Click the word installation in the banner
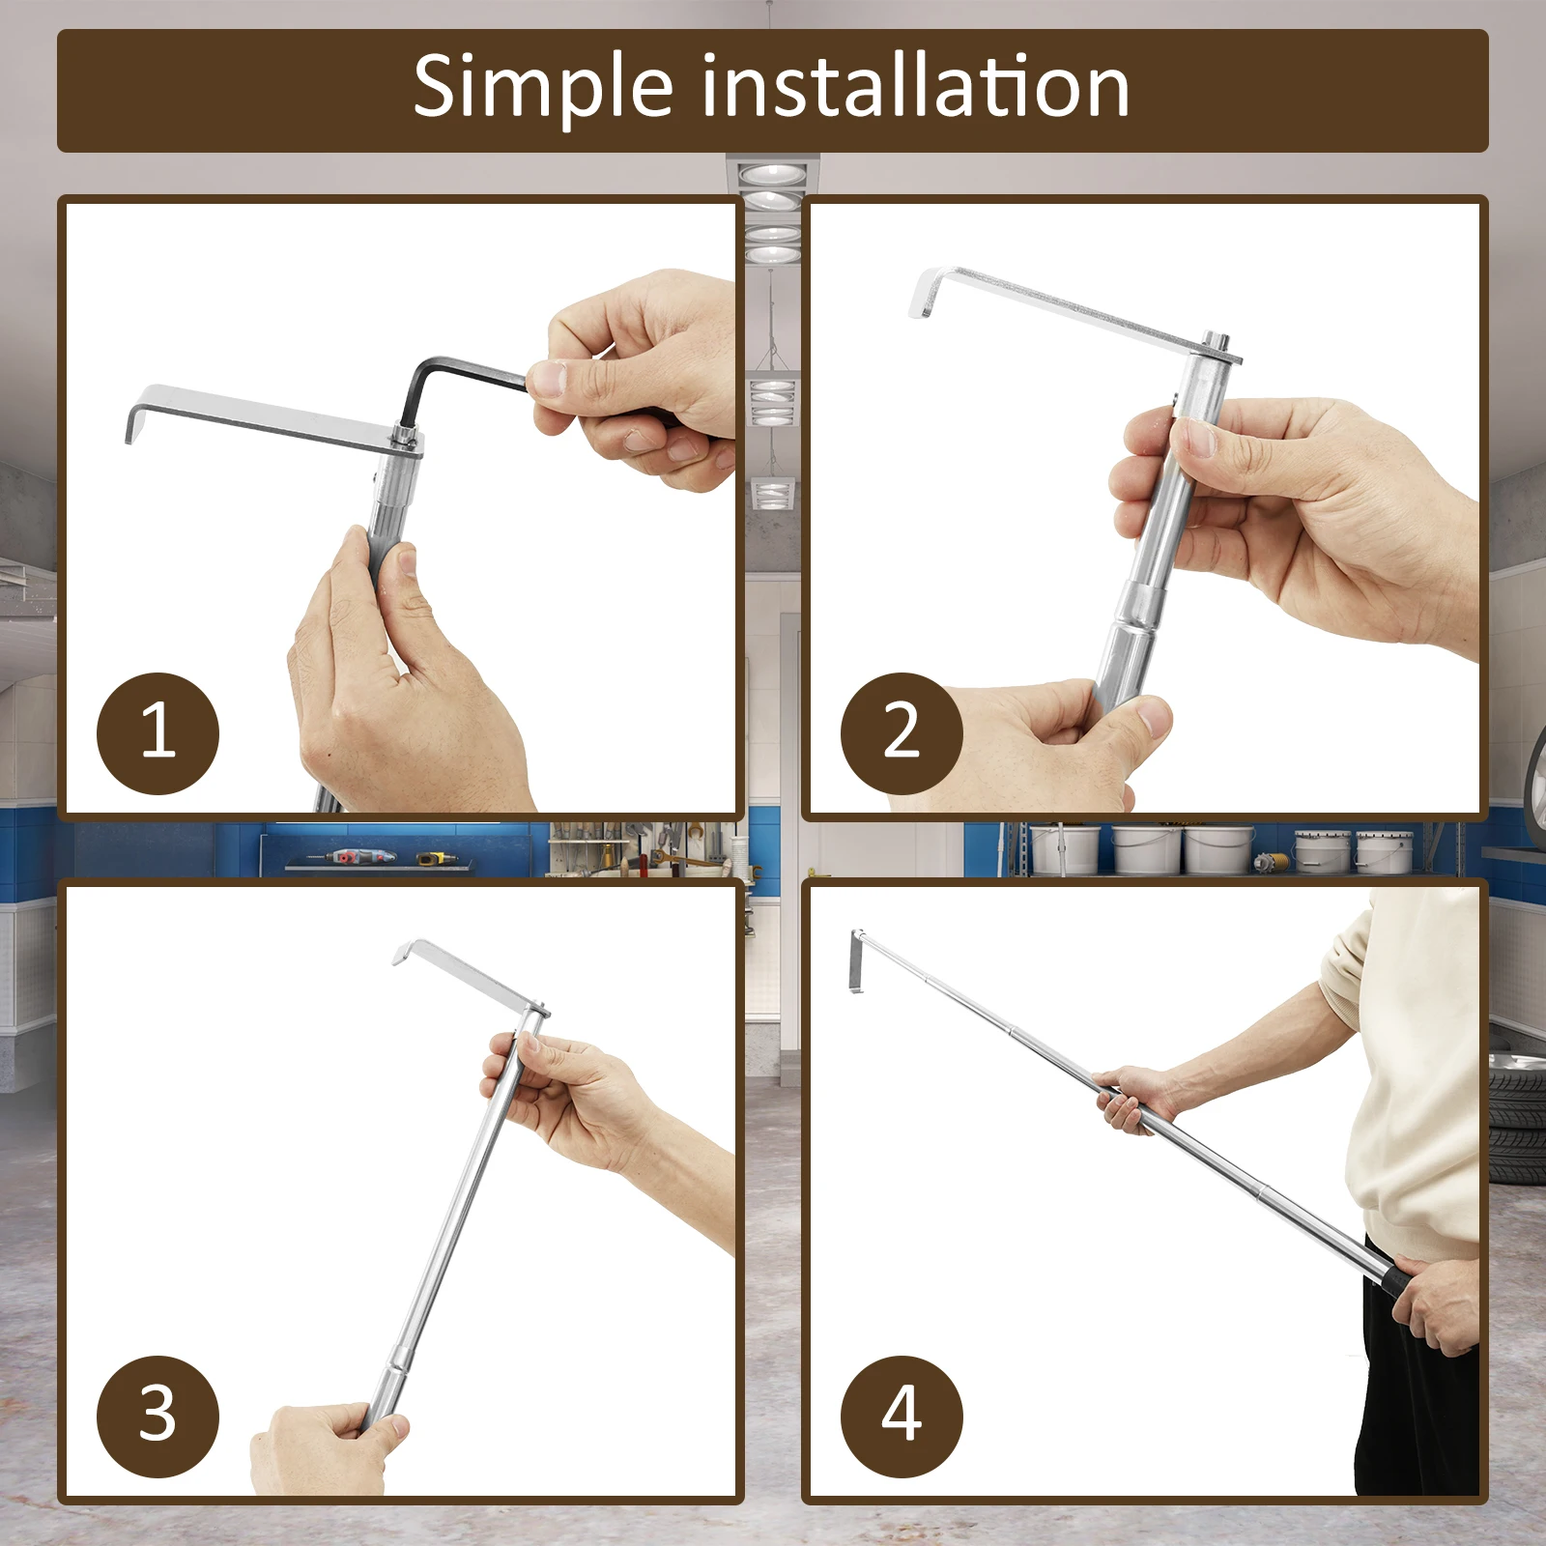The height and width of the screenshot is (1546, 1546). coord(915,86)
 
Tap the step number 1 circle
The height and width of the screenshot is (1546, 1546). coord(157,733)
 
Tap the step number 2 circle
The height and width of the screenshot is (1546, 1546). coord(902,733)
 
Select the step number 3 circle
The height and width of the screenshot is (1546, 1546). coord(157,1417)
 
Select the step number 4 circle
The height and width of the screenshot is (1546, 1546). coord(902,1417)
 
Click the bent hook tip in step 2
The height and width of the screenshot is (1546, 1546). coord(919,301)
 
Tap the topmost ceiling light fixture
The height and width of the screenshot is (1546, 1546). coord(773,177)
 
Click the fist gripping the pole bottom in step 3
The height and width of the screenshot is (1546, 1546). coord(324,1449)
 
